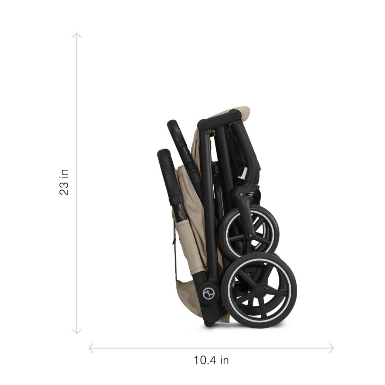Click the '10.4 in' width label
click(211, 360)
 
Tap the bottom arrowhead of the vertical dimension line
click(76, 332)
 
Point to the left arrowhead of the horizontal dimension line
click(90, 348)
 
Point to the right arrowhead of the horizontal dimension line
click(332, 348)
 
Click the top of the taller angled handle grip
click(173, 124)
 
